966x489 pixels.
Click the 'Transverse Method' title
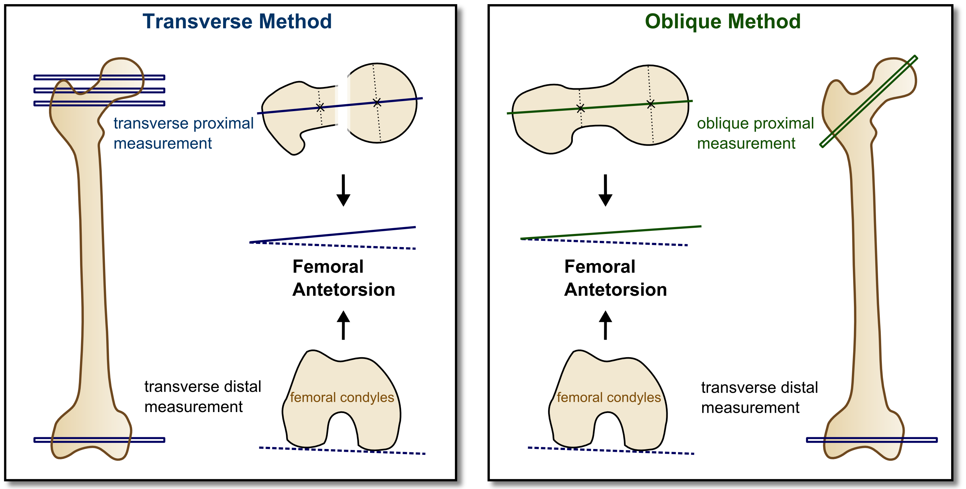coord(237,21)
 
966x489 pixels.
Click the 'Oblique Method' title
coord(723,22)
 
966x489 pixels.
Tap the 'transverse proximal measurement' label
coord(183,133)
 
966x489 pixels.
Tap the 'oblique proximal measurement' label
coord(755,133)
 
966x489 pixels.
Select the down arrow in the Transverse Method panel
coord(343,190)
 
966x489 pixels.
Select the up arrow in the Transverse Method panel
coord(343,325)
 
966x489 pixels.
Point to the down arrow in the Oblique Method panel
coord(605,190)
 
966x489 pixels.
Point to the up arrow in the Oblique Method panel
coord(605,325)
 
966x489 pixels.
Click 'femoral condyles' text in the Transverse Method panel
coord(342,398)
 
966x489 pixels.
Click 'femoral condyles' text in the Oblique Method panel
coord(609,398)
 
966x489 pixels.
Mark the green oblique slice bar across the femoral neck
coord(868,101)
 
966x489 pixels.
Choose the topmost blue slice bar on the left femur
coord(99,77)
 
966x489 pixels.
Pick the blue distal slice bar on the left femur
coord(99,440)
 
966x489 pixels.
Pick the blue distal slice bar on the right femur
coord(872,440)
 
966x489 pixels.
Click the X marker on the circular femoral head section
coord(377,102)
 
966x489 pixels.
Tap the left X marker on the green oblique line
coord(580,109)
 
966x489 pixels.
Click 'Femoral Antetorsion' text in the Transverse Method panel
coord(343,278)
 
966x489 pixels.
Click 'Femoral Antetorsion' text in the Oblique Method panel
coord(615,278)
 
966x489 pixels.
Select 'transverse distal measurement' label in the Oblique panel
coord(759,398)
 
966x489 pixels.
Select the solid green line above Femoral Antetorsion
coord(611,232)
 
